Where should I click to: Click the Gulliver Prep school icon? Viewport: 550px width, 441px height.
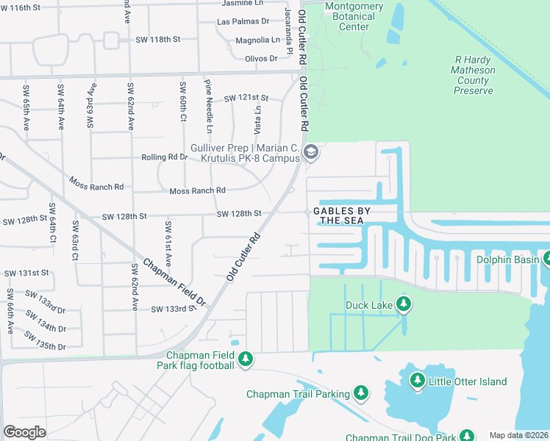click(x=310, y=152)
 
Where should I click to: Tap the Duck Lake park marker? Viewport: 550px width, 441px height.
click(x=403, y=304)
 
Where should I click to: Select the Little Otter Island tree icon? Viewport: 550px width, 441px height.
click(x=418, y=381)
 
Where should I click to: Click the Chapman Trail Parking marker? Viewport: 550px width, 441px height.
click(x=361, y=394)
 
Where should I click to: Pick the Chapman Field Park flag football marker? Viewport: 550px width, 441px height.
click(x=246, y=359)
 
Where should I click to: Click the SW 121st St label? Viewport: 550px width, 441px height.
click(x=246, y=98)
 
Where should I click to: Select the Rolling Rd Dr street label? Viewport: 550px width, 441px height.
click(x=164, y=157)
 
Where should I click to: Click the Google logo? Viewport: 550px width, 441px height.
click(x=24, y=431)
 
